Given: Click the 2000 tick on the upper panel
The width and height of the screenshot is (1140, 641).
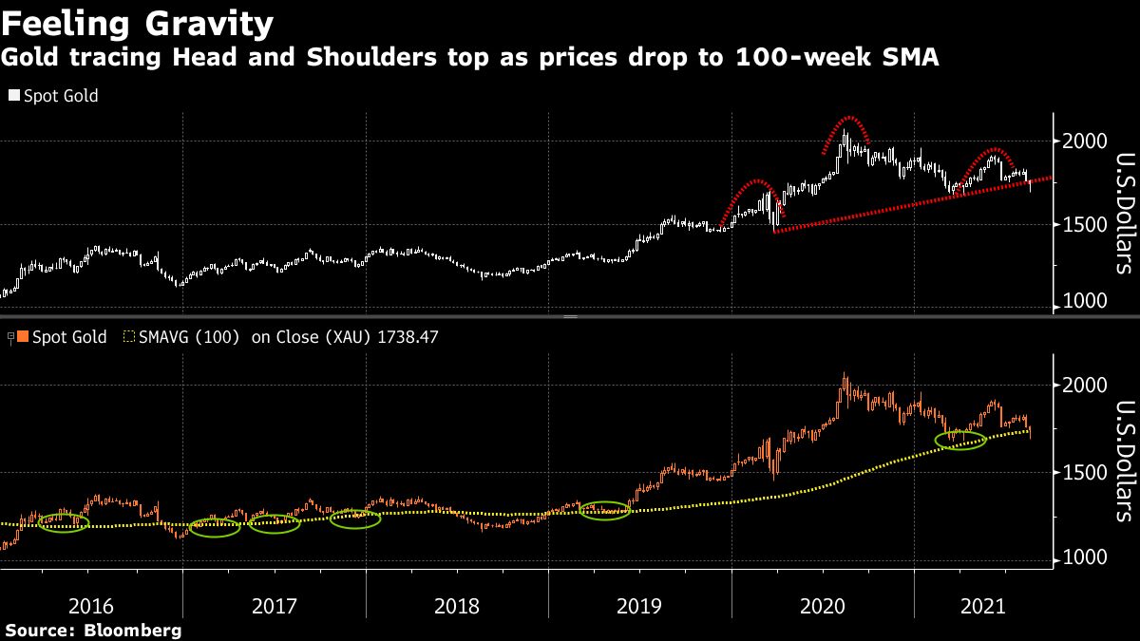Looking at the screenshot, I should click(1083, 141).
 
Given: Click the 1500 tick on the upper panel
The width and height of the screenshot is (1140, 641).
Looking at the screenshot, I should click(1083, 224).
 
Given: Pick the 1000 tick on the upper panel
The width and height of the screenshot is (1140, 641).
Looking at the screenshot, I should click(1083, 301).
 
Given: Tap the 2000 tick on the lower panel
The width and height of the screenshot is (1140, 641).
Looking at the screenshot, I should click(1083, 386).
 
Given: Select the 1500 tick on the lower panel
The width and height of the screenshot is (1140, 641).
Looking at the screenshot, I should click(1083, 472).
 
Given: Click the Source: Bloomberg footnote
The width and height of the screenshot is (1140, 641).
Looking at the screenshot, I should click(93, 631).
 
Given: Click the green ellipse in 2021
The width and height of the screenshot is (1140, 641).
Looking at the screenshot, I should click(960, 440).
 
